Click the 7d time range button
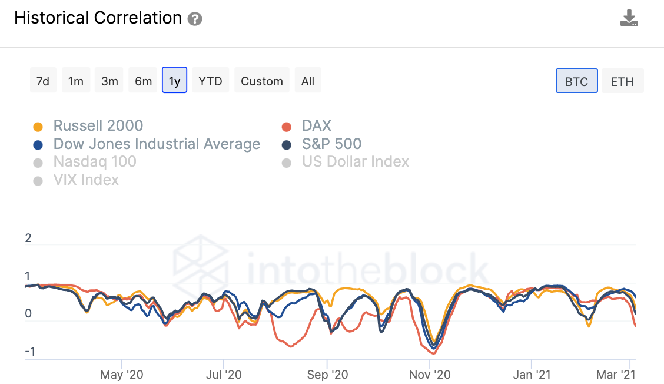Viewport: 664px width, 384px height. (43, 81)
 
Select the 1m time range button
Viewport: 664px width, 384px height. (76, 81)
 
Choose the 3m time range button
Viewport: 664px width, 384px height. (109, 81)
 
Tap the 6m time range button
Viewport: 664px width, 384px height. (143, 81)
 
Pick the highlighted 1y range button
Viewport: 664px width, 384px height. (175, 81)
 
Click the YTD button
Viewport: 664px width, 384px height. (210, 81)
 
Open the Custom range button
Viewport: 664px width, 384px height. (262, 81)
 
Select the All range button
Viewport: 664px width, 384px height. (308, 81)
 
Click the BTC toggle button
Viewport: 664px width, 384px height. (576, 81)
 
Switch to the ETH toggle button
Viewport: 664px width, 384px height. (622, 81)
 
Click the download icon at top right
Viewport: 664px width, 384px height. (629, 18)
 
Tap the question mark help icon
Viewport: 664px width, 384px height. (195, 19)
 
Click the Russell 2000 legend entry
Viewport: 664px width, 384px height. (98, 126)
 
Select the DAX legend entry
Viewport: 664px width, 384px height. (316, 126)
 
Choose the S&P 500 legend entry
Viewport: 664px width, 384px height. (331, 144)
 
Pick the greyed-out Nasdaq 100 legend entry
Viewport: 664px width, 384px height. (94, 162)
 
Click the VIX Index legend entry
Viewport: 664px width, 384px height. (86, 180)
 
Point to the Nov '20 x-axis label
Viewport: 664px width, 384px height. (430, 375)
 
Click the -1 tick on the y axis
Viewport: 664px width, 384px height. (29, 352)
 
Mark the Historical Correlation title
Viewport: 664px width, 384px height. (98, 18)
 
